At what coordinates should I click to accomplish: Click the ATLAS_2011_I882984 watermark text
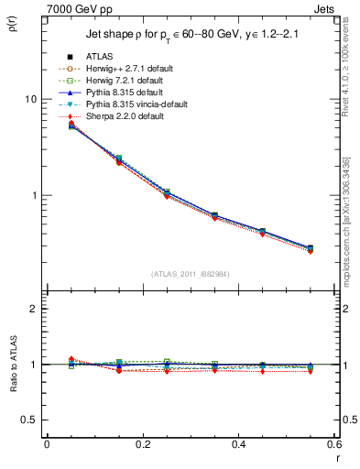pos(190,275)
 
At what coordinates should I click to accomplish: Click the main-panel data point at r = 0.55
pos(310,248)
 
